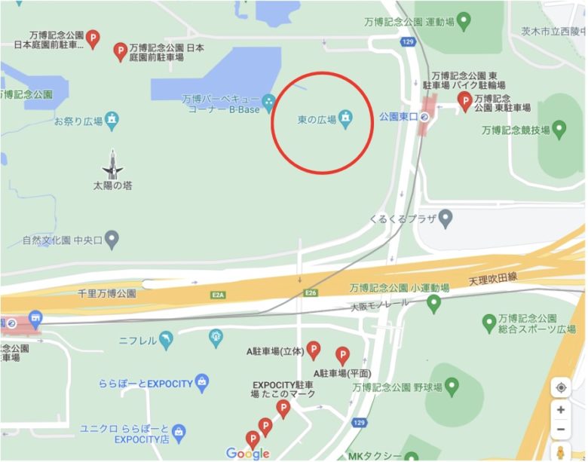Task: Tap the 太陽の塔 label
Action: click(112, 185)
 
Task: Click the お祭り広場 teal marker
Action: click(112, 118)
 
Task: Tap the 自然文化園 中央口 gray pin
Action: click(112, 241)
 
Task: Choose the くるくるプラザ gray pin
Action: click(446, 219)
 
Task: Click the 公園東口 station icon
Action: click(424, 118)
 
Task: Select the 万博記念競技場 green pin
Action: click(559, 130)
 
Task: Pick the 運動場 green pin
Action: click(464, 20)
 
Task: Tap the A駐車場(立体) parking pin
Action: click(313, 350)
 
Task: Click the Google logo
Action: click(247, 453)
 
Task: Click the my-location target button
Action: click(561, 387)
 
